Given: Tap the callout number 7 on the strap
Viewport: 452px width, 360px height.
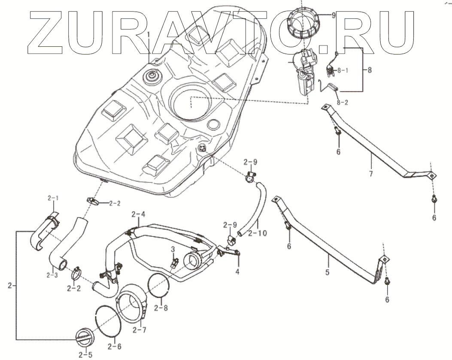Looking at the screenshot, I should click(x=370, y=174).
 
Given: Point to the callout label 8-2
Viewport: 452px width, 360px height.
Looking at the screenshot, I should click(x=343, y=103).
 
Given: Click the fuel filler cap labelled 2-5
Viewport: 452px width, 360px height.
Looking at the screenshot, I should click(x=83, y=335).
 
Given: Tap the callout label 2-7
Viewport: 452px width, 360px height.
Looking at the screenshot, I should click(x=140, y=330).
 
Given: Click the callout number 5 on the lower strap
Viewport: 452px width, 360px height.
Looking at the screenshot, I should click(x=328, y=272).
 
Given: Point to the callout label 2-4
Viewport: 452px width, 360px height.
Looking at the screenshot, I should click(x=138, y=213).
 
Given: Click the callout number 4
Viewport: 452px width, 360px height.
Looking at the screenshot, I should click(x=237, y=271).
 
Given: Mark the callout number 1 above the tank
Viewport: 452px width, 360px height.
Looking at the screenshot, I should click(x=149, y=34).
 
